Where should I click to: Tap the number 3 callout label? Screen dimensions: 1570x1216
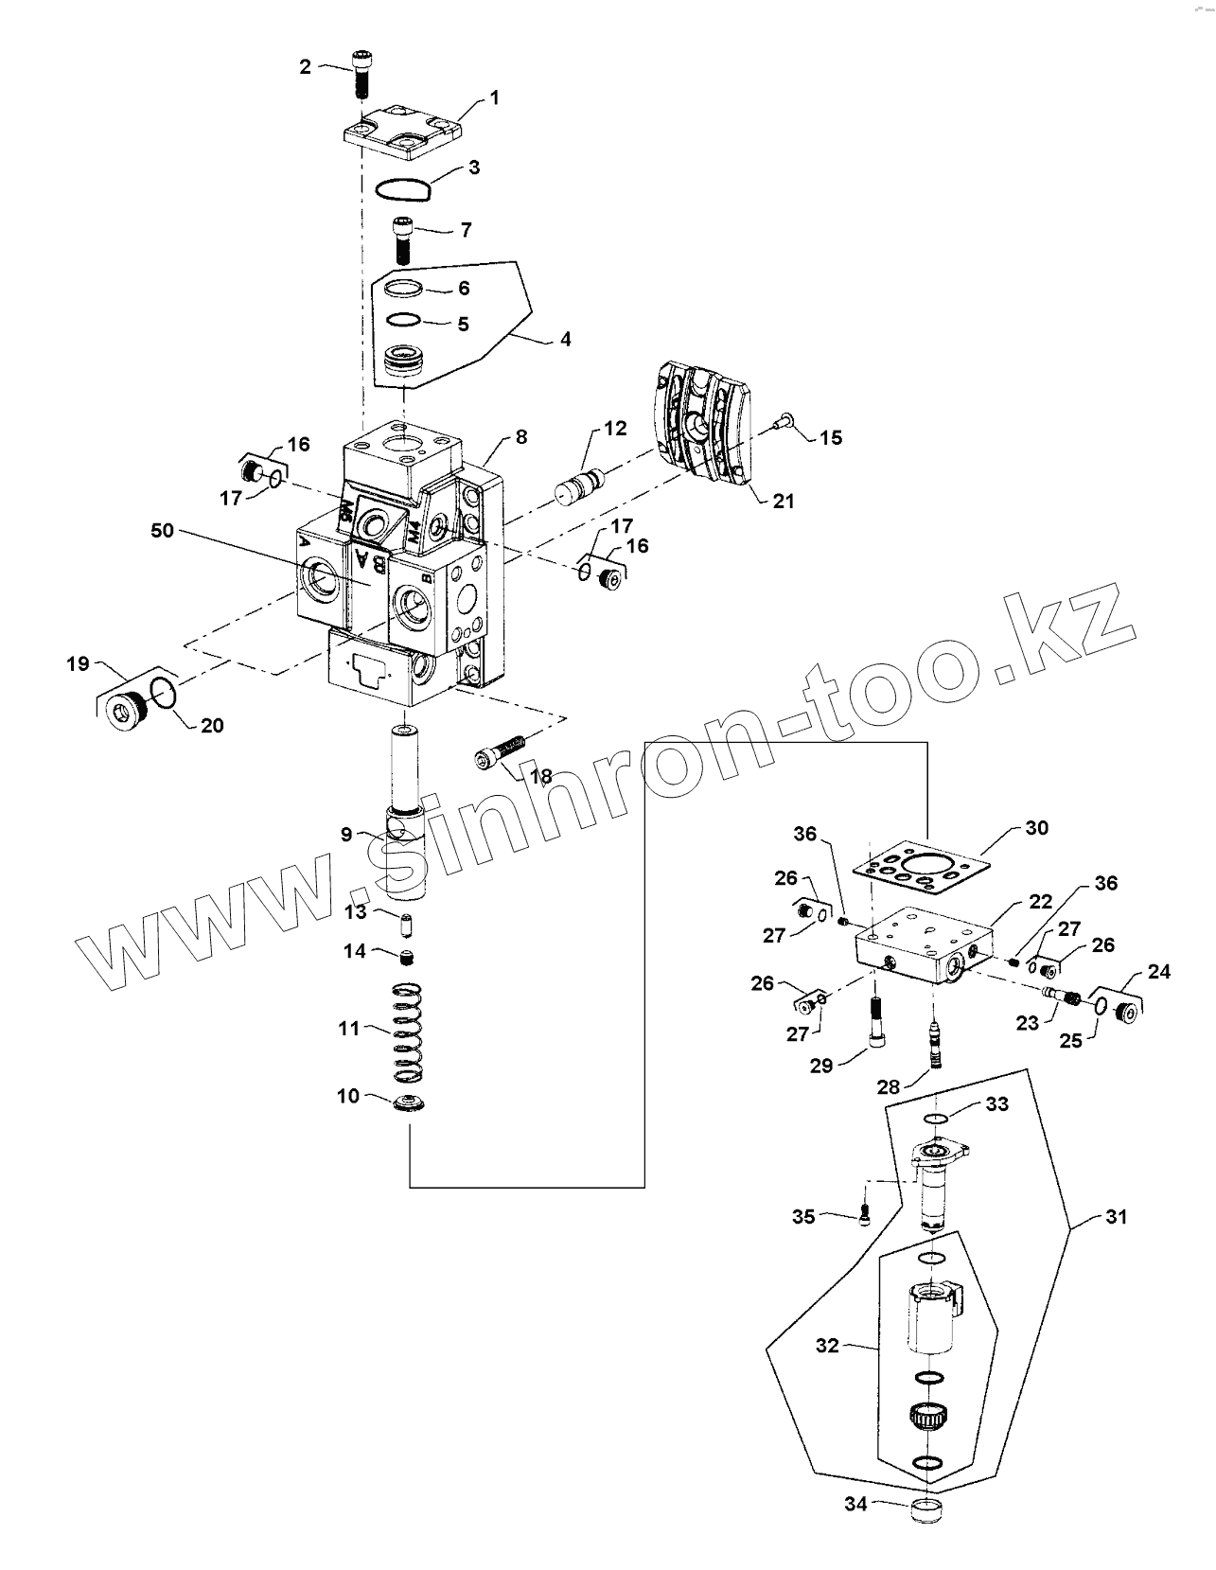tap(474, 168)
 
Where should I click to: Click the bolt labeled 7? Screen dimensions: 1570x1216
tap(402, 240)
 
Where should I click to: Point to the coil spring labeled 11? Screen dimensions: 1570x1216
tap(407, 1034)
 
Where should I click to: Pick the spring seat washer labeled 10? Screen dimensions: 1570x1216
tap(410, 1104)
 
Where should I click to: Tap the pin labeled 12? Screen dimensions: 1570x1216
tap(577, 485)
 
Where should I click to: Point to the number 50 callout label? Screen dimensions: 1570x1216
tap(162, 530)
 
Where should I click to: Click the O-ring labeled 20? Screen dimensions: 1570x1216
tap(163, 694)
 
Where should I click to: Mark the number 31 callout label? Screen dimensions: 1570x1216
tap(1117, 1217)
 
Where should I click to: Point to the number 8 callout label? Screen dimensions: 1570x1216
tap(521, 437)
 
